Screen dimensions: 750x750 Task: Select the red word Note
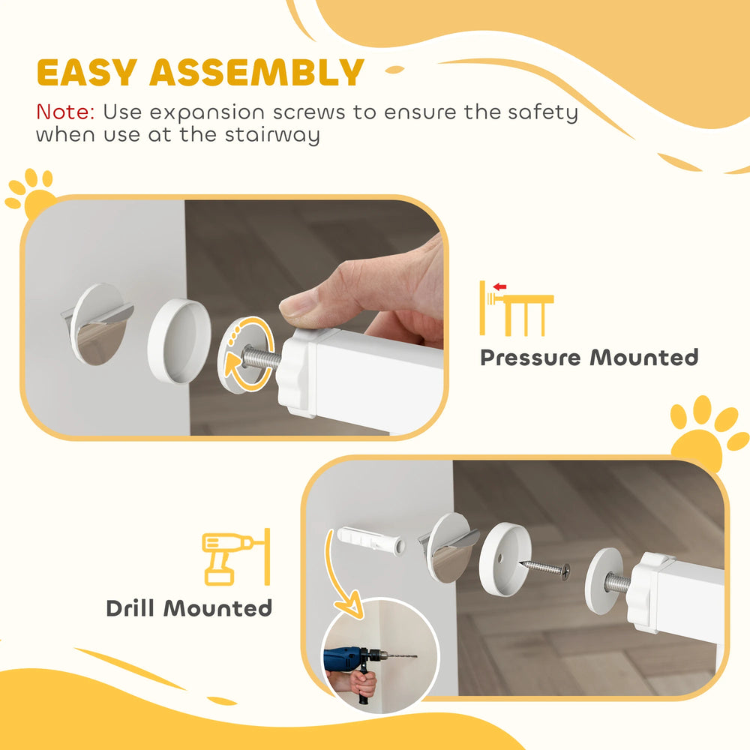(x=64, y=113)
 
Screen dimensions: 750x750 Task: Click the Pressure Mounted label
(x=589, y=357)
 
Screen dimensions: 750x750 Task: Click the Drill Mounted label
(x=189, y=607)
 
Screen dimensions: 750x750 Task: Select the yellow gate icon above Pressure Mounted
(x=517, y=308)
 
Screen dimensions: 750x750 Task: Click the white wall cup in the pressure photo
(x=180, y=340)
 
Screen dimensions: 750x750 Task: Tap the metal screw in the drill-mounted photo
(x=545, y=568)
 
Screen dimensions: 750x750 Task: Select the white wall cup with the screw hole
(x=501, y=559)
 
